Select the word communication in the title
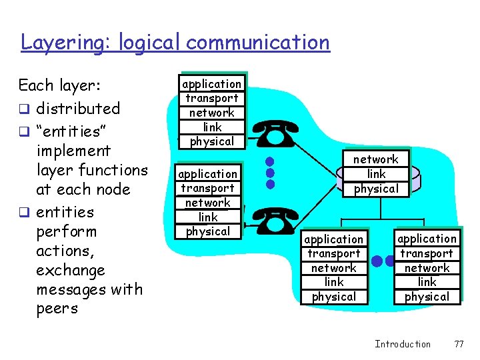click(258, 43)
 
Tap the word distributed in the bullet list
click(78, 109)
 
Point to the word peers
click(57, 309)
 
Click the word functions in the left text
click(113, 170)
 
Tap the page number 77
click(458, 344)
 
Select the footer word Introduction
click(403, 344)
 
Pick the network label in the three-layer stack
click(375, 159)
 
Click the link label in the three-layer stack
click(376, 174)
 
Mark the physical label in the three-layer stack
click(375, 189)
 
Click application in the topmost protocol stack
click(212, 84)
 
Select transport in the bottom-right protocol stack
click(427, 253)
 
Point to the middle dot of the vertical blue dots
click(270, 173)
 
